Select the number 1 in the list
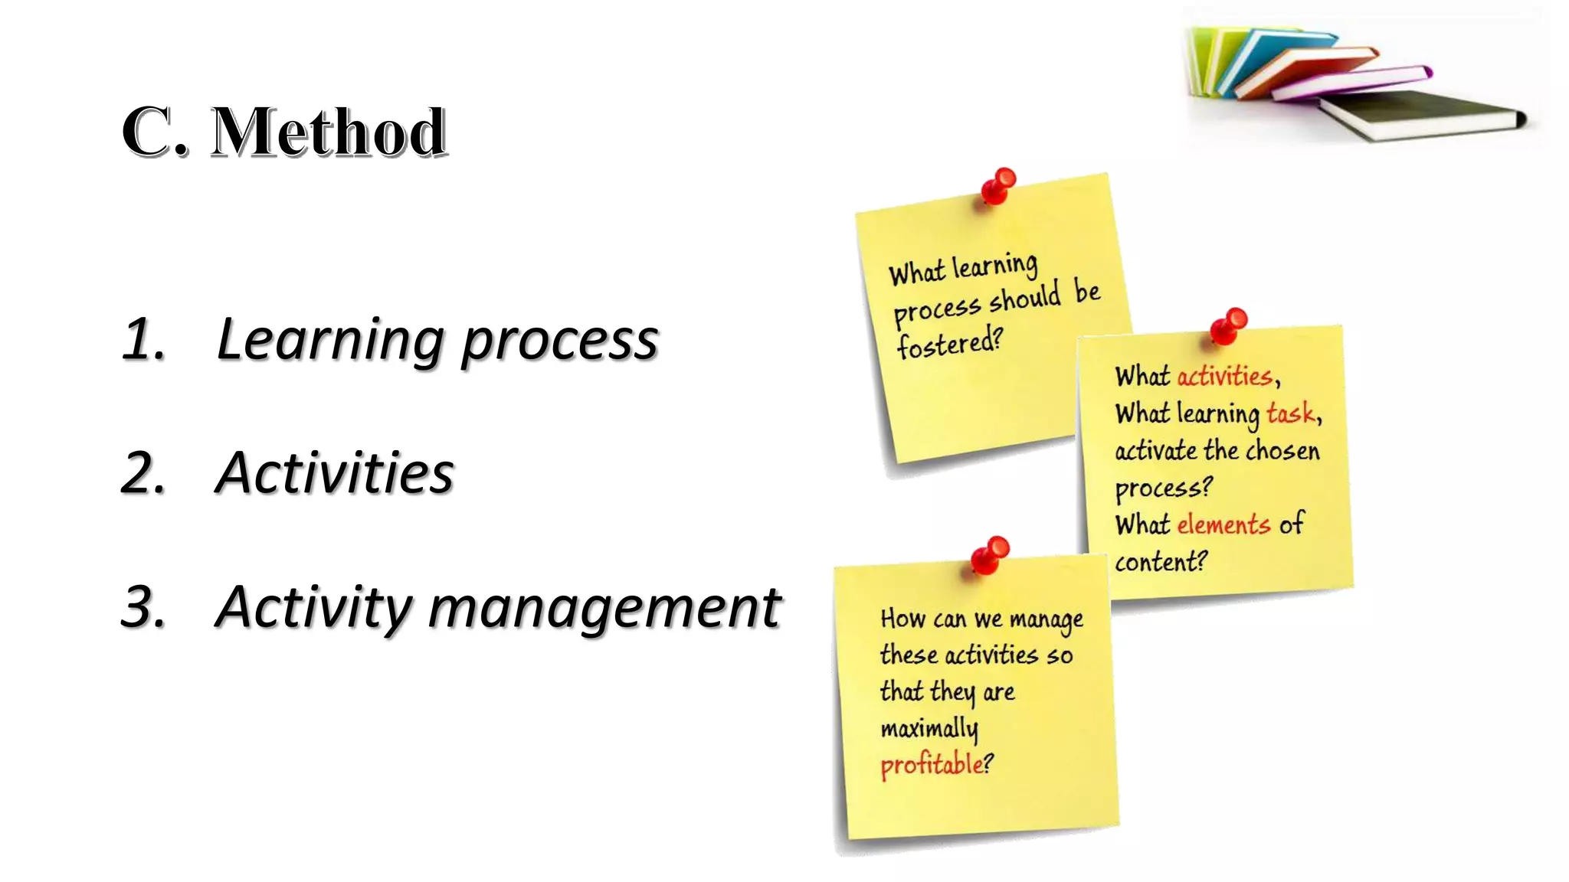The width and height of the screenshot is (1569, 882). pyautogui.click(x=142, y=339)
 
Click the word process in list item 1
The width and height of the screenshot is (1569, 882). pyautogui.click(x=560, y=341)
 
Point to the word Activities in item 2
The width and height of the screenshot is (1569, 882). pyautogui.click(x=334, y=473)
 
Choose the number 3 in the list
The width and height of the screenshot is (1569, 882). pyautogui.click(x=142, y=607)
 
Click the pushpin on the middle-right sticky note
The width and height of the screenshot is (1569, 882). pyautogui.click(x=1228, y=325)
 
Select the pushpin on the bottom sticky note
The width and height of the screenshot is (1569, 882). pyautogui.click(x=990, y=554)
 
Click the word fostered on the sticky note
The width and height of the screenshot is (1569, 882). pyautogui.click(x=948, y=343)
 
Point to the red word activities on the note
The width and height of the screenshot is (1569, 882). pyautogui.click(x=1224, y=376)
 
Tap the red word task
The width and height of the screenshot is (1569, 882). pyautogui.click(x=1290, y=413)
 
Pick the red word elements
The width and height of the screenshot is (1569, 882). pyautogui.click(x=1223, y=524)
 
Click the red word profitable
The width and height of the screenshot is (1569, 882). pyautogui.click(x=932, y=764)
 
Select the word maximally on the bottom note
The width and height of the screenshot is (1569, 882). pyautogui.click(x=929, y=728)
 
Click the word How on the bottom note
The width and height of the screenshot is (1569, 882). pyautogui.click(x=902, y=618)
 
